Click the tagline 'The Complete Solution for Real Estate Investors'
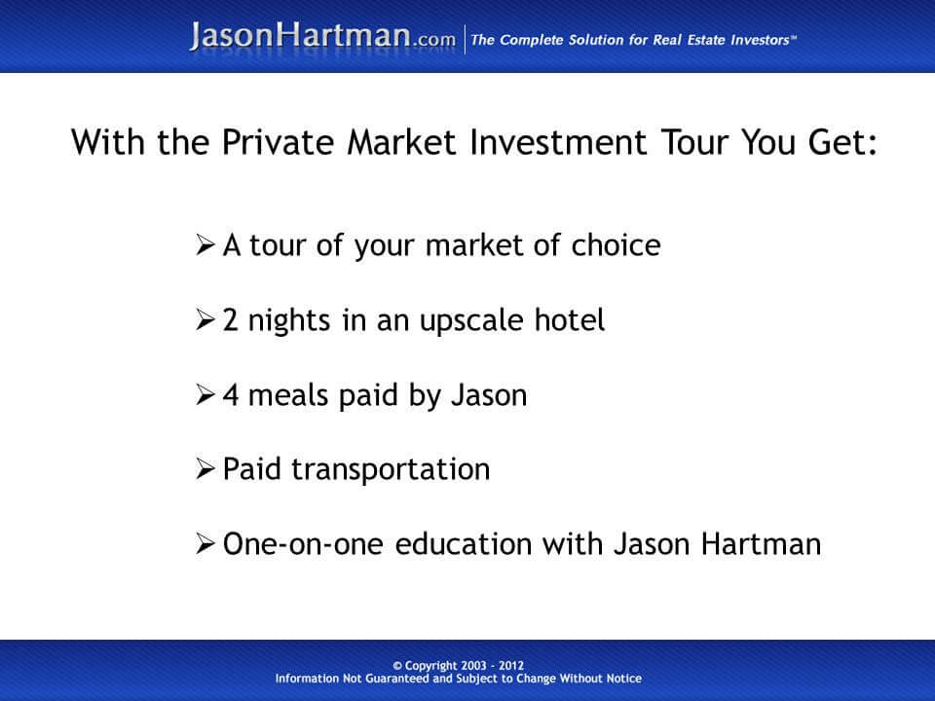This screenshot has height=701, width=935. (634, 39)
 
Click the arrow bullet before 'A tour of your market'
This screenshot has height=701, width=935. (205, 244)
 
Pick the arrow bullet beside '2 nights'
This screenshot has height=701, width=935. (205, 319)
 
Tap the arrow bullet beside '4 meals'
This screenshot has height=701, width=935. (205, 394)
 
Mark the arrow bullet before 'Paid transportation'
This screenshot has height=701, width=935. (205, 469)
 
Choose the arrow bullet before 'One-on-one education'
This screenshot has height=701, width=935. (205, 544)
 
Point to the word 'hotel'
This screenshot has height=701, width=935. (574, 319)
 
